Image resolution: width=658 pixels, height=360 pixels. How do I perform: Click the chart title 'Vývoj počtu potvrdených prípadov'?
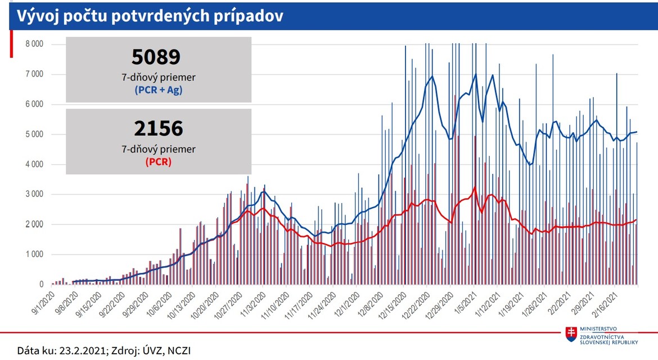[x=149, y=16]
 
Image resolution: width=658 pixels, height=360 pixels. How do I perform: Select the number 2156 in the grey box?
[x=158, y=129]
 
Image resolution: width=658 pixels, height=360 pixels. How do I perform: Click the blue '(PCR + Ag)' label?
[x=158, y=89]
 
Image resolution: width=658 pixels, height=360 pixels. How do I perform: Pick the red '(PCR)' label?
[x=158, y=161]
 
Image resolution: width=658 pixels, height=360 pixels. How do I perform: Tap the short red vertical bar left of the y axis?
[x=12, y=44]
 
